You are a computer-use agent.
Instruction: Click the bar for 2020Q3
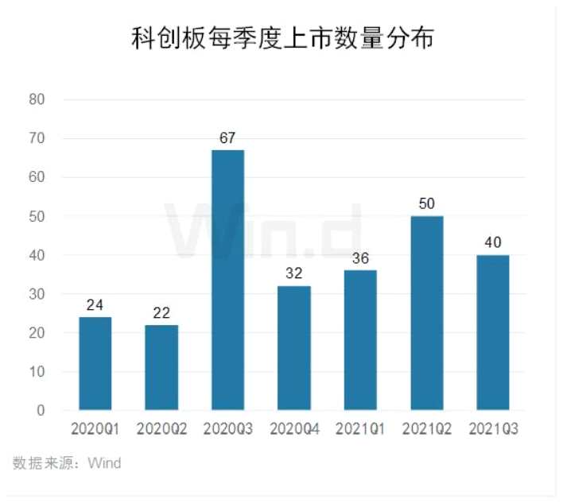(227, 280)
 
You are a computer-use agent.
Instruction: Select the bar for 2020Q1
(95, 364)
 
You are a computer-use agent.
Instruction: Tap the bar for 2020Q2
(161, 368)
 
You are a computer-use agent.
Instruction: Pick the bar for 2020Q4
(294, 348)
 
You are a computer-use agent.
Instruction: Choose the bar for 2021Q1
(360, 340)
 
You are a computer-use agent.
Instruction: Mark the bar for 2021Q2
(426, 313)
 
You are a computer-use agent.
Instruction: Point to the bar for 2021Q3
(492, 333)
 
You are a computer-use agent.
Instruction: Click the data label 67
(227, 138)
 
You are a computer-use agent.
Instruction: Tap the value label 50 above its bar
(426, 204)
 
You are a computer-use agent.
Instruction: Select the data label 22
(161, 313)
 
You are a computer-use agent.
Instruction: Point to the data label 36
(360, 258)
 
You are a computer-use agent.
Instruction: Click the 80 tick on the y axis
(37, 99)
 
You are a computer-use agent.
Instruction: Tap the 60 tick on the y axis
(37, 177)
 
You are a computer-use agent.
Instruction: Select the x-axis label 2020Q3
(227, 429)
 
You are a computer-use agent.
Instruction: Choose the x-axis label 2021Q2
(426, 429)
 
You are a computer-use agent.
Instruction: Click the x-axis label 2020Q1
(95, 429)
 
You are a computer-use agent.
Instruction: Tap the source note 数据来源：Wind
(67, 462)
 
